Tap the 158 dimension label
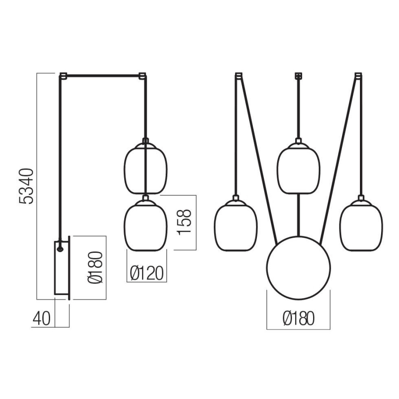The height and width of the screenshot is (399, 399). [184, 222]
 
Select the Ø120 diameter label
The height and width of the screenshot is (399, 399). [147, 274]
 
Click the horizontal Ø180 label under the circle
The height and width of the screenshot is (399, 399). [298, 318]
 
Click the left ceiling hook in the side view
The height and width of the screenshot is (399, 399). [63, 75]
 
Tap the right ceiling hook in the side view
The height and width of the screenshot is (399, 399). [142, 75]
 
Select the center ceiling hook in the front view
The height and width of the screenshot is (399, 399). [298, 75]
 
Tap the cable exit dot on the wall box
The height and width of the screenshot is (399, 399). [60, 248]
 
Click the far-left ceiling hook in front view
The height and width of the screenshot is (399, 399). [238, 75]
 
